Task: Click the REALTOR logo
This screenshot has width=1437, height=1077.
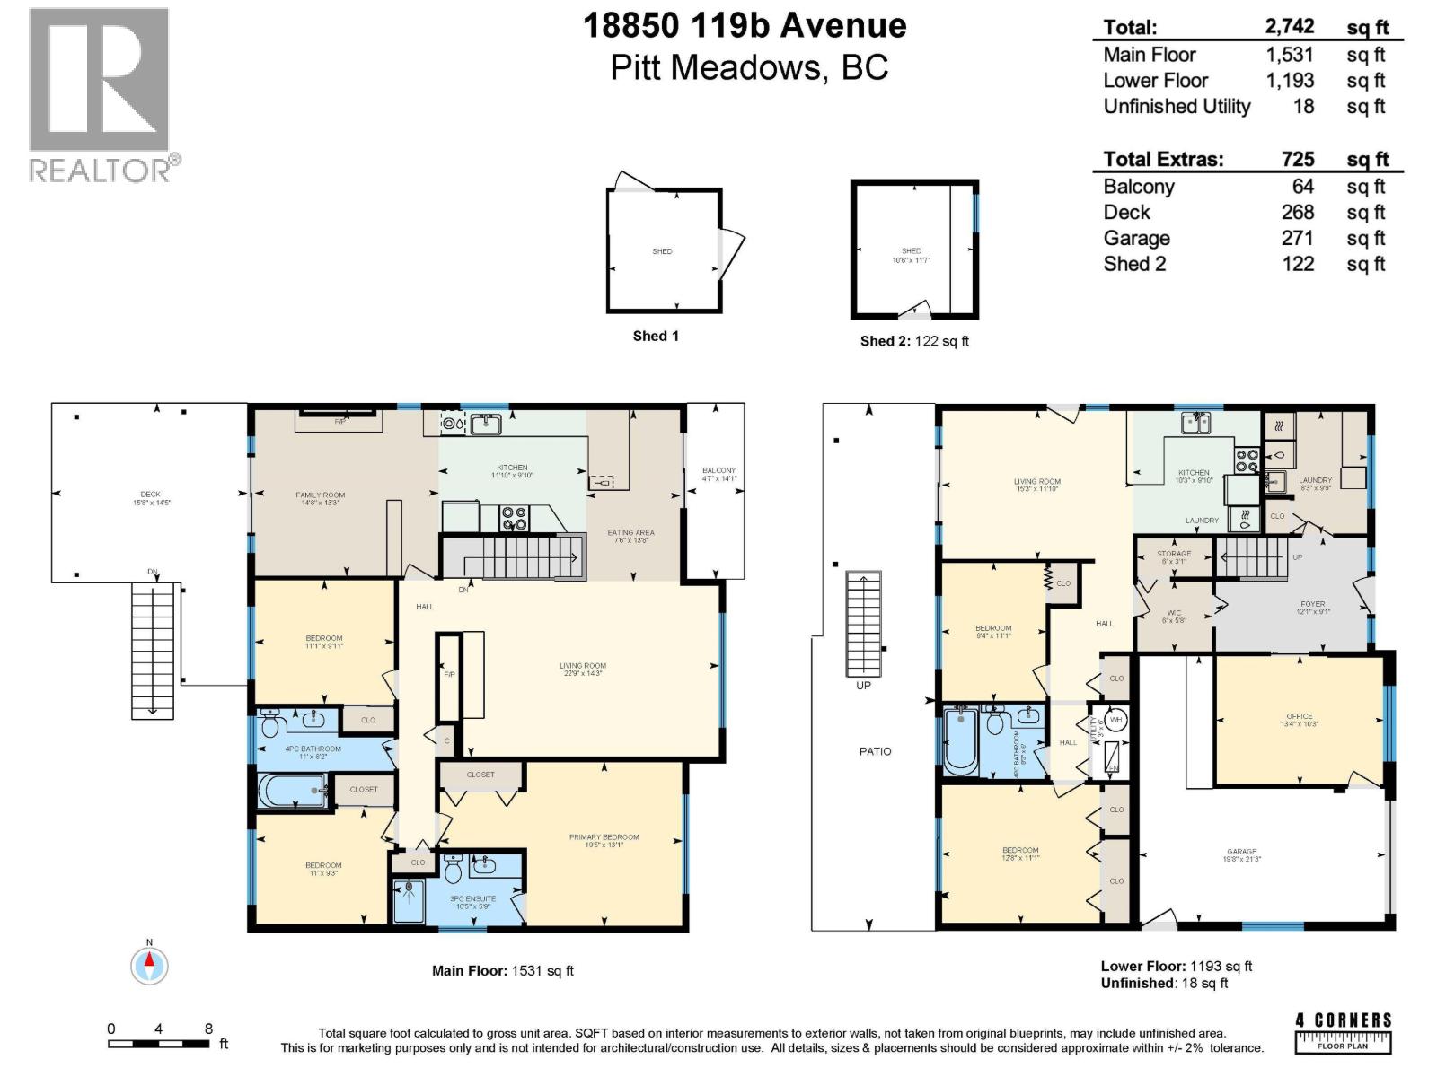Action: point(100,94)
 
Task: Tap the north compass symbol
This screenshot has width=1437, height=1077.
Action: point(150,965)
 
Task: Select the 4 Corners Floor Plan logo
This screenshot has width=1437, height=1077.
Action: point(1343,1033)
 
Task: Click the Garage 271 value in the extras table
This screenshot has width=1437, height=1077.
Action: point(1297,238)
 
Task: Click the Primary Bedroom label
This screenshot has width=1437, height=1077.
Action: point(604,840)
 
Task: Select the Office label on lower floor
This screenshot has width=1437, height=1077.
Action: point(1299,719)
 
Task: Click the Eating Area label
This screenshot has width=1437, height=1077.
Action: point(630,536)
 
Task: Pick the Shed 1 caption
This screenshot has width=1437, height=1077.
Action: point(656,336)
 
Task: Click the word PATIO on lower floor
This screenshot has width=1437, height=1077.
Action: point(875,751)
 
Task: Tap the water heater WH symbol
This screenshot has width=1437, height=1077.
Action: point(1115,720)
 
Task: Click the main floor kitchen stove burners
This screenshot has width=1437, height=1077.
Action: point(514,518)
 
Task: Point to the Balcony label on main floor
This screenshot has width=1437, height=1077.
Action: point(718,474)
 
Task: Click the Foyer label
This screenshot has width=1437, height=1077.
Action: point(1312,608)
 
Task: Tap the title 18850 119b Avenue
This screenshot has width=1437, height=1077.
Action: point(745,26)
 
